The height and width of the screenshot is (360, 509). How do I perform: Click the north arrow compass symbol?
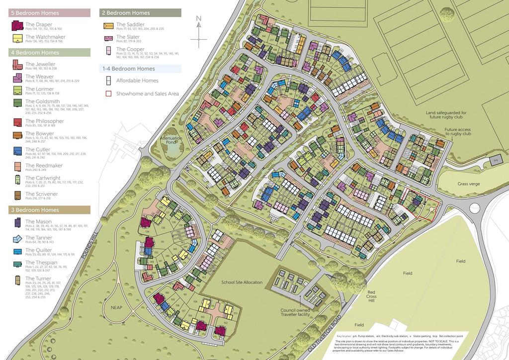click(x=198, y=33)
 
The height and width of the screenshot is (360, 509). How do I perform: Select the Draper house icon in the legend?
click(x=17, y=26)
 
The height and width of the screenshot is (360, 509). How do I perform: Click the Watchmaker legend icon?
click(x=17, y=38)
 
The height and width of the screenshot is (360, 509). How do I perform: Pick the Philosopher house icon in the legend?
click(x=17, y=122)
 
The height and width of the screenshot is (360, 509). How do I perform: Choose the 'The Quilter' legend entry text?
click(x=39, y=250)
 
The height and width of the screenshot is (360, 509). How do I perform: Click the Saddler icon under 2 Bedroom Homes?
click(x=108, y=26)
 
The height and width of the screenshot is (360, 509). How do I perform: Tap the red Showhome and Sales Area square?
click(x=107, y=93)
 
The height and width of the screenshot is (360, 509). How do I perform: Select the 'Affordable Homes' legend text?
click(x=137, y=81)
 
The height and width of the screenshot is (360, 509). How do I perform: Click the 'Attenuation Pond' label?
click(x=171, y=140)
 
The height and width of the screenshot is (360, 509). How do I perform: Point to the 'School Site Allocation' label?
click(x=242, y=282)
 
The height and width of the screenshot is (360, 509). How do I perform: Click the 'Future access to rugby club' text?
click(x=458, y=131)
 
